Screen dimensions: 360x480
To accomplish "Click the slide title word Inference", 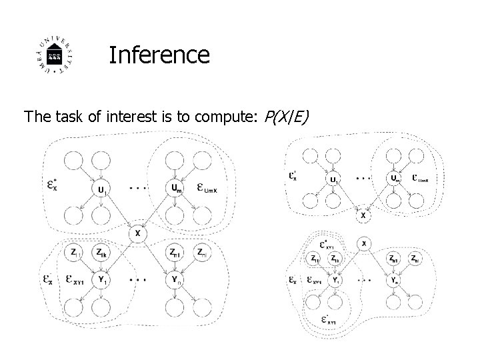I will click(x=159, y=55).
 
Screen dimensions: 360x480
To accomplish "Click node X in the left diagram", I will click(x=137, y=233).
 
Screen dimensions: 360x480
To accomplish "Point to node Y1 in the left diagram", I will click(x=101, y=280).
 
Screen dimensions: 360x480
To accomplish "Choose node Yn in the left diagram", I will click(x=175, y=280).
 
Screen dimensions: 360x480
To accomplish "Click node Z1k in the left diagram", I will click(x=101, y=252).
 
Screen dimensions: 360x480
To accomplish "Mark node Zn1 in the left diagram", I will click(x=175, y=252).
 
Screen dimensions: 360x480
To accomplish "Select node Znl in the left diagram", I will click(x=201, y=252).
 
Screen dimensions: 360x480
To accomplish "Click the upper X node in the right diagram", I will click(x=363, y=215).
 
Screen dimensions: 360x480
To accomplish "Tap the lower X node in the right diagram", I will click(x=364, y=244).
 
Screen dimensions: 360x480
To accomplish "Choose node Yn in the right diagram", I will click(x=394, y=282).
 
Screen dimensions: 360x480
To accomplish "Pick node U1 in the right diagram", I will click(x=333, y=179).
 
